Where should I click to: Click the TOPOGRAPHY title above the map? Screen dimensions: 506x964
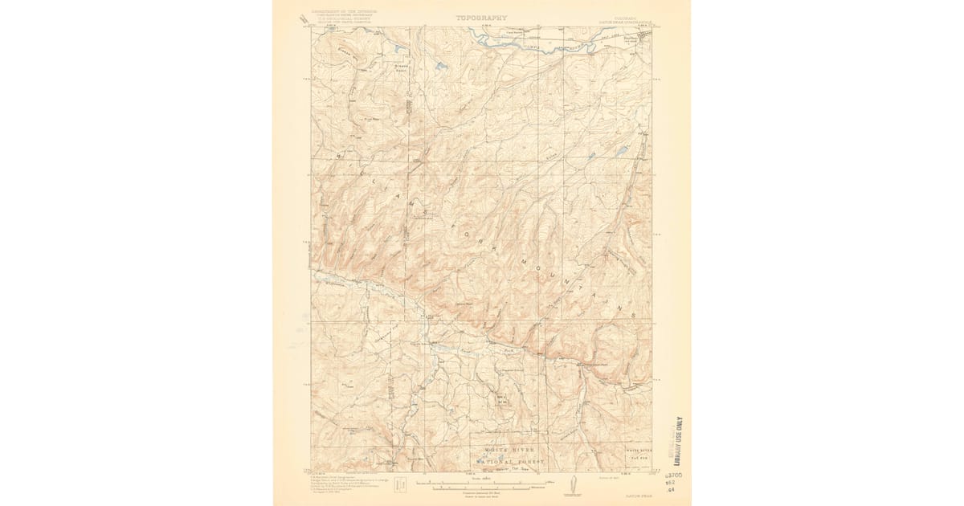click(482, 17)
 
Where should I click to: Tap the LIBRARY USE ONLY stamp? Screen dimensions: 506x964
click(679, 441)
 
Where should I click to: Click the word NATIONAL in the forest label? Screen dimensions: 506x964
click(498, 462)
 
